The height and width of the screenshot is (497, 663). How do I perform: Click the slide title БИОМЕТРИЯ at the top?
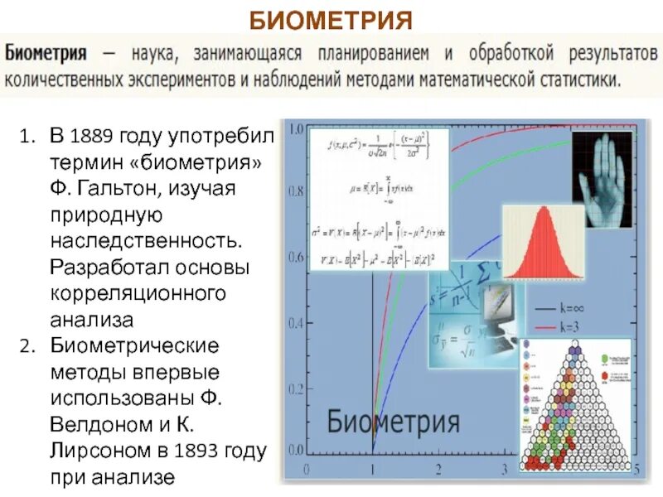tap(331, 19)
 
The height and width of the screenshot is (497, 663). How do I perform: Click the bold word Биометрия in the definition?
tap(47, 54)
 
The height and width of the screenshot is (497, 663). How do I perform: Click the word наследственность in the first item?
tap(146, 241)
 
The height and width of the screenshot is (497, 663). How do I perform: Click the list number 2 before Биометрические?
tap(27, 345)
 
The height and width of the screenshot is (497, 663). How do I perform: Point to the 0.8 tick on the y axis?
tap(295, 192)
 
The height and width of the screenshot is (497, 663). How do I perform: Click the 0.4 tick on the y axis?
tap(295, 321)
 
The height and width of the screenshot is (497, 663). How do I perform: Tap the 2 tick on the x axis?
tap(438, 470)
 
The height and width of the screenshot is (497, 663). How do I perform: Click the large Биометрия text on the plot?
tap(393, 421)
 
